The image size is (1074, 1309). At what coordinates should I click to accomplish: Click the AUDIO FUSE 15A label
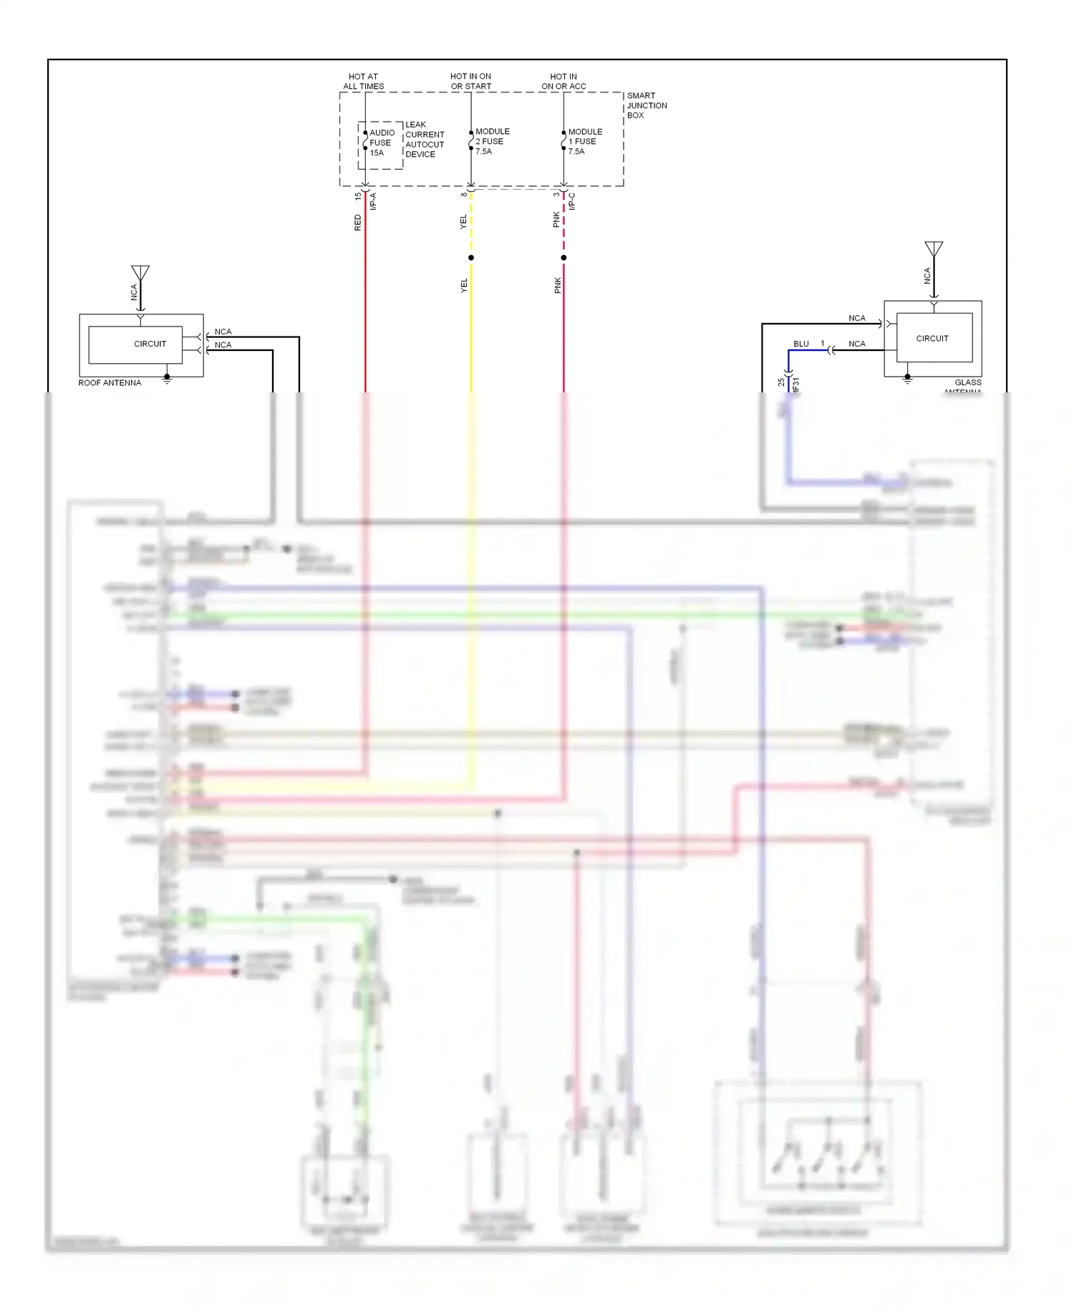381,143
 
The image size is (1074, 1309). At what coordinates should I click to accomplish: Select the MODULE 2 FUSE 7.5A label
492,141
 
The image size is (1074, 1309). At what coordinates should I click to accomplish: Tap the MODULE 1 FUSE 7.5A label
584,141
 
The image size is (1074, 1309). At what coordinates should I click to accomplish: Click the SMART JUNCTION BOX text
646,105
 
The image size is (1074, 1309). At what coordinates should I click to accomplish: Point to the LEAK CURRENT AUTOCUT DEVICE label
424,140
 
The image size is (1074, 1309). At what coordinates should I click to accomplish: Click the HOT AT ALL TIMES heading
363,82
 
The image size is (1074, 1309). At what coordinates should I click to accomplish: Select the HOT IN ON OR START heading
470,82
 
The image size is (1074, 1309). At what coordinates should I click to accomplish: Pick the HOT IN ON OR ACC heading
563,82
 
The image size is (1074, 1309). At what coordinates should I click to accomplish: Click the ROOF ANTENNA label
110,383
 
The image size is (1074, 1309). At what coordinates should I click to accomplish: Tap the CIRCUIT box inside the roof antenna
135,344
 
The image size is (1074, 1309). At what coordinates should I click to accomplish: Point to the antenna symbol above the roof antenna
140,274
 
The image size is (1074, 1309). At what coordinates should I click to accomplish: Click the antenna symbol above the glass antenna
934,249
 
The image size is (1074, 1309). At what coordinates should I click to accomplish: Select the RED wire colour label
358,223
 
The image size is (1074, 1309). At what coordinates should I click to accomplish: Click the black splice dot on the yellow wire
471,258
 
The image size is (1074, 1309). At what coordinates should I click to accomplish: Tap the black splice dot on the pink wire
563,258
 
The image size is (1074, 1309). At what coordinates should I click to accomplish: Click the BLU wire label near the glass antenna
800,344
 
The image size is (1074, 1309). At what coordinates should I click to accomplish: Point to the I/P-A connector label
373,201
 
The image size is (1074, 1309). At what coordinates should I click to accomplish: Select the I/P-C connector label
571,201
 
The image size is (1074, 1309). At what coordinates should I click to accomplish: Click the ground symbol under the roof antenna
167,380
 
